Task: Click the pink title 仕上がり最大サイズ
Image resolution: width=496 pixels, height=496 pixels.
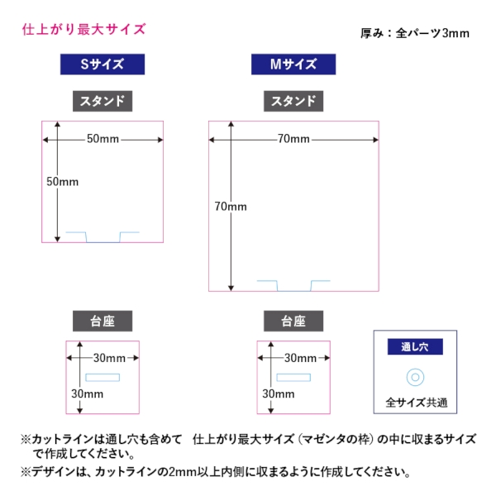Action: pos(83,30)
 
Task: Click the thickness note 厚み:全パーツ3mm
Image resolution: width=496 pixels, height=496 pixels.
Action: pos(415,34)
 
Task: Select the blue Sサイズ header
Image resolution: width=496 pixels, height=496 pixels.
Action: pos(103,64)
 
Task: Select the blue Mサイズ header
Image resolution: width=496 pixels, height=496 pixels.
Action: pos(294,64)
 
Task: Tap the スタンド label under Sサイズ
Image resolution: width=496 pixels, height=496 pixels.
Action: pos(103,102)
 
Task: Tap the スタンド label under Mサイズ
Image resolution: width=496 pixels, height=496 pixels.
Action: pos(294,102)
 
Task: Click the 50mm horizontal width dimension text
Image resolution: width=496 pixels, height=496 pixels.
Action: pos(103,138)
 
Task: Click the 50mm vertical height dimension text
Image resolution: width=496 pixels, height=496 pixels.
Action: pos(62,182)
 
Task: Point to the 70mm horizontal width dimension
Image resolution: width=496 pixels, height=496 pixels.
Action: pos(293,138)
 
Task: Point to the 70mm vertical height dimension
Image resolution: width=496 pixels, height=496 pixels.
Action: pos(230,206)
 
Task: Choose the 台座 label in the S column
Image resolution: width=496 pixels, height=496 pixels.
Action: pos(103,322)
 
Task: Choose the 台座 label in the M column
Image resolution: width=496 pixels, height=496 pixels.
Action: pos(294,322)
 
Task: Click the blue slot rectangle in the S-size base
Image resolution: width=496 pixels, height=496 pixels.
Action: pos(103,377)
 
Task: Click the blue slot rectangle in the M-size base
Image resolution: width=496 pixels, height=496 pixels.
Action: pos(293,377)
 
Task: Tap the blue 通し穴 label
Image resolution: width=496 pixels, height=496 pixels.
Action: pos(415,347)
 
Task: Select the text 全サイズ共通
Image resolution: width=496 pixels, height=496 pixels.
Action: pos(416,403)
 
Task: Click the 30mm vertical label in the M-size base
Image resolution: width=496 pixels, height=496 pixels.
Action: pos(279,394)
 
